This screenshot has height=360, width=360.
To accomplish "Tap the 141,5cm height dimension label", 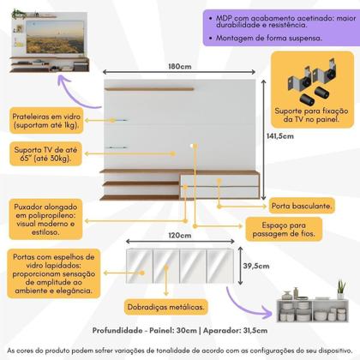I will pyautogui.click(x=327, y=159).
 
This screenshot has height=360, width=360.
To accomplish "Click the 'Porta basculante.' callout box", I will pyautogui.click(x=298, y=207).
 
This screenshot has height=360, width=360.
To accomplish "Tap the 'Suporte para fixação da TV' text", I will pyautogui.click(x=313, y=118).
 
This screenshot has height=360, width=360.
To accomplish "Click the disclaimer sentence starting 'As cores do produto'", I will pyautogui.click(x=180, y=351).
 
